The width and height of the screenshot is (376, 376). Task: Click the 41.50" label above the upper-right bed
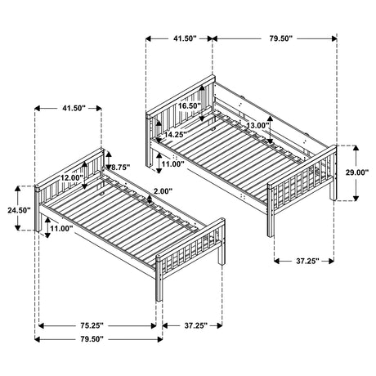coord(179,37)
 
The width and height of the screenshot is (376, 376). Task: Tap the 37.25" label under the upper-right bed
coord(303,261)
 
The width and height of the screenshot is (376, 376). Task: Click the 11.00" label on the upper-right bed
coord(172,163)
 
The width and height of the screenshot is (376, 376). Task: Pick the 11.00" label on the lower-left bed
coord(61,230)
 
